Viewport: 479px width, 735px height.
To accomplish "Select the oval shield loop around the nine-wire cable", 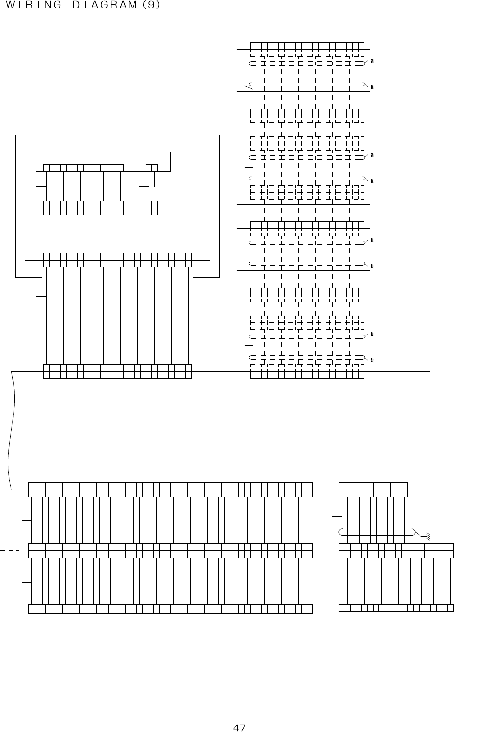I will click(377, 532).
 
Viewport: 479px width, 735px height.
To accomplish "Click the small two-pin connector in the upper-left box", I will click(151, 168).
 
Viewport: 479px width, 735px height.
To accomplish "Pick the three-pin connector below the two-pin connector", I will click(154, 208).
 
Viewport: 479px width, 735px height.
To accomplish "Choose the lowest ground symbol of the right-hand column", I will click(372, 361).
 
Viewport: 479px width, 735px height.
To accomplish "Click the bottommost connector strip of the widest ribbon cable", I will click(170, 608).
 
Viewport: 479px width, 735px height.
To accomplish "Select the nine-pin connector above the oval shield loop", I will click(373, 490).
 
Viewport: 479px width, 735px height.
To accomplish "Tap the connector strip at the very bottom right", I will click(396, 608).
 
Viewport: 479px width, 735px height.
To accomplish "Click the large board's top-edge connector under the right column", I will click(307, 372).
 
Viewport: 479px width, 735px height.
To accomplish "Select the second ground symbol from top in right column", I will click(372, 87).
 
